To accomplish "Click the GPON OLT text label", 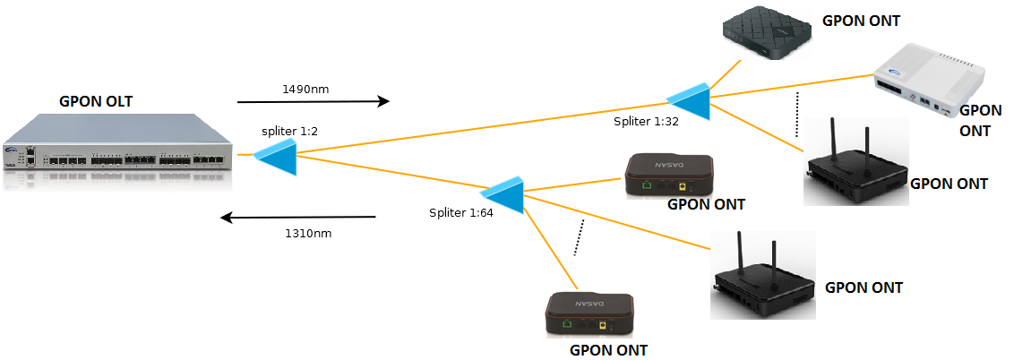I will tap(95, 101).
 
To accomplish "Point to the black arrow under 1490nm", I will tap(314, 102).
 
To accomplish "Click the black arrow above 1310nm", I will tap(299, 218).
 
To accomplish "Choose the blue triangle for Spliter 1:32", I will tap(690, 99).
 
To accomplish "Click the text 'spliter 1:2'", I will tap(289, 131).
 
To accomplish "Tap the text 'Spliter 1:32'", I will tap(646, 120).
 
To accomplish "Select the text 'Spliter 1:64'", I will tap(460, 213).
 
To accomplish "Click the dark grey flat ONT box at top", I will tap(769, 34).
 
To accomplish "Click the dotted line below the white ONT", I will tap(796, 114).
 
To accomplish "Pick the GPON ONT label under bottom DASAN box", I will tap(608, 349).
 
